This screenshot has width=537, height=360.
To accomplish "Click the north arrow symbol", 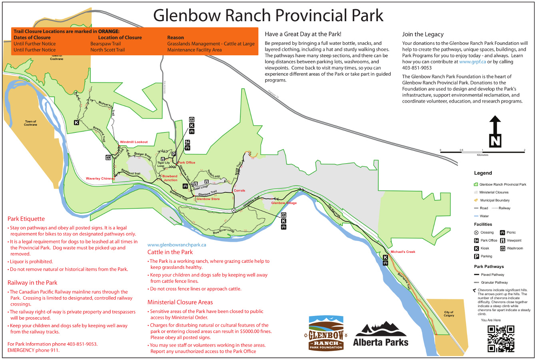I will point(495,132).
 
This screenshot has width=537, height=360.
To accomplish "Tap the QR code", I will point(501,338).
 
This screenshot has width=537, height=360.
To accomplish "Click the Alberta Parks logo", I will point(381,334).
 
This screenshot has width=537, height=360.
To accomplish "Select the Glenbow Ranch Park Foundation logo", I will point(326,333).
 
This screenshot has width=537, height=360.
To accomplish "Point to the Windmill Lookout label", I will point(134,142).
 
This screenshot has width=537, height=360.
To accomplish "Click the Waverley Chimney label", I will point(100,179).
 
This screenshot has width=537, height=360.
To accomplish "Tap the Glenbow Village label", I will point(284,203).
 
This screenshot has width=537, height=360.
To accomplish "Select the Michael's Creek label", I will point(403,252).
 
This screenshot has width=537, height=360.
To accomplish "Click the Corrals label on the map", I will point(239,191).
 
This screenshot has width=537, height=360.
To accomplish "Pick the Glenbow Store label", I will point(208,199).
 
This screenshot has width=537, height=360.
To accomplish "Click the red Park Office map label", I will point(187,163).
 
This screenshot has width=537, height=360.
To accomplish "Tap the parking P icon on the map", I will point(174,154).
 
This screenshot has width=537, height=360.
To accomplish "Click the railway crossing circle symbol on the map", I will point(234,210).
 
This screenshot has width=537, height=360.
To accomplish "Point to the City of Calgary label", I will point(449,314).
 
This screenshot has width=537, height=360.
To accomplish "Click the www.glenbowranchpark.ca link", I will point(177,245).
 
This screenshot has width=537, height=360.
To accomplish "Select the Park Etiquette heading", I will point(26,219).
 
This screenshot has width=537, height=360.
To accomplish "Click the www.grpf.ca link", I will point(472,62).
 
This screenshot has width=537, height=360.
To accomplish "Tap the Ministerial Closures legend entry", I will point(494,192).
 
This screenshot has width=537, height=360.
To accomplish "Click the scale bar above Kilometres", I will point(482,152).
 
